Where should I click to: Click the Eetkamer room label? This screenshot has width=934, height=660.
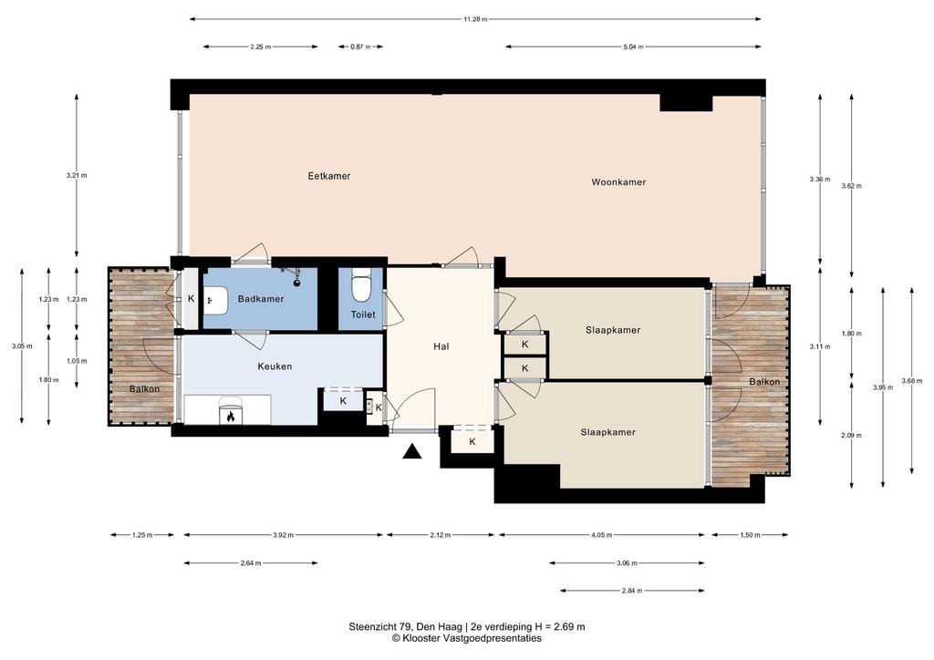point(328,176)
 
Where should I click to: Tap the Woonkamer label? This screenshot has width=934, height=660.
point(618,182)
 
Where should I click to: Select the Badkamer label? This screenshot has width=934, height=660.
point(261,299)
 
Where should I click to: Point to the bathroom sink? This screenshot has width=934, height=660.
point(216,301)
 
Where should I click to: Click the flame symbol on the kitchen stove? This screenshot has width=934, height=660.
point(231,417)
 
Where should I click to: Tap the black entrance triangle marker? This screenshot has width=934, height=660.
point(411,452)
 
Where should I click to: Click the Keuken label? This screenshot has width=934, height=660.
point(275,366)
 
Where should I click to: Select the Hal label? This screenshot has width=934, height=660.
point(441,346)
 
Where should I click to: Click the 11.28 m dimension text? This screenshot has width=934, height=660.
point(475,19)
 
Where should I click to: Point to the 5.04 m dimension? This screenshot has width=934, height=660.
point(633,46)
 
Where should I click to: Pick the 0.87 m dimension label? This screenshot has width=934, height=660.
point(360,46)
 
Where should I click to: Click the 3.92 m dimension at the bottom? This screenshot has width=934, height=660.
point(283,535)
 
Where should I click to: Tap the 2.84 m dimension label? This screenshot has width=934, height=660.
point(632,591)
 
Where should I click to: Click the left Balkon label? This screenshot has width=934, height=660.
point(144,389)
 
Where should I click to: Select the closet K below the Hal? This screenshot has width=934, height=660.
point(472,441)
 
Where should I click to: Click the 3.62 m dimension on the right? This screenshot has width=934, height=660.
point(851,186)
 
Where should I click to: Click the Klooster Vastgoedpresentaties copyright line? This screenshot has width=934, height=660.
point(466,638)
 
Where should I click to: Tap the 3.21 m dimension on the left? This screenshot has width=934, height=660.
point(77,176)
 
